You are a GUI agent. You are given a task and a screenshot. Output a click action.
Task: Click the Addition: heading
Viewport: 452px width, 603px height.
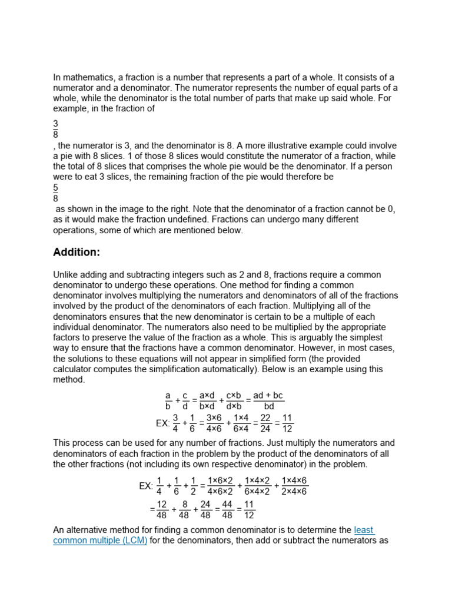tap(77, 253)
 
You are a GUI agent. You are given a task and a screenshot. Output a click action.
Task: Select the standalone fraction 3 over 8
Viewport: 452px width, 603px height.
tap(56, 129)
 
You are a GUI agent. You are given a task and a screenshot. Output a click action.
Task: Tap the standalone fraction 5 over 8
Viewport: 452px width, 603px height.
tap(56, 193)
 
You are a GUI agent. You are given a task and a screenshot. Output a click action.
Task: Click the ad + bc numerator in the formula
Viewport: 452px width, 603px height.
tap(268, 395)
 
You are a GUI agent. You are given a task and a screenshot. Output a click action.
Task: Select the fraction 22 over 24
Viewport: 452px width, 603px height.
tap(265, 423)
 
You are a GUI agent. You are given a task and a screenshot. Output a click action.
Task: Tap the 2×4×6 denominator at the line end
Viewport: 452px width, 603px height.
tap(294, 492)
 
